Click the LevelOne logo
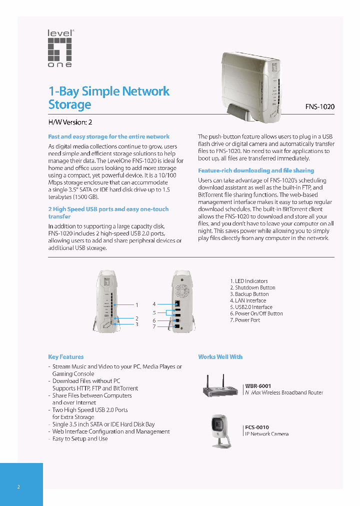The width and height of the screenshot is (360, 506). (x=60, y=48)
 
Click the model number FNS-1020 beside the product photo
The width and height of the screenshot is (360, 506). (x=320, y=106)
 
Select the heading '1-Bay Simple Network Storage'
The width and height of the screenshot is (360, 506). (x=109, y=98)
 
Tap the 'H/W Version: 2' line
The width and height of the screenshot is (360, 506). (x=70, y=122)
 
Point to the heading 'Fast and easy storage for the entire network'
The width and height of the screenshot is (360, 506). (x=108, y=136)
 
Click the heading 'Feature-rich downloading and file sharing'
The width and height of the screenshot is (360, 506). (x=256, y=170)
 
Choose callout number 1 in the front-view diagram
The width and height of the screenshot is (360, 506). (x=136, y=304)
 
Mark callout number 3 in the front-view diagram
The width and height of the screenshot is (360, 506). (x=136, y=324)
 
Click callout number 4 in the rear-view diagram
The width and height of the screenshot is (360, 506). (x=154, y=304)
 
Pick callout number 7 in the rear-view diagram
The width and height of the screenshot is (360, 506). (x=154, y=326)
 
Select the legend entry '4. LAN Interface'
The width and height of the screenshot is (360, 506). (x=248, y=300)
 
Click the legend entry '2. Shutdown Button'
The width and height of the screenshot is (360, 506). (x=252, y=287)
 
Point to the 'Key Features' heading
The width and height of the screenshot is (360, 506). (x=66, y=357)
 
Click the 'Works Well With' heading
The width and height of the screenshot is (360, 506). (x=220, y=357)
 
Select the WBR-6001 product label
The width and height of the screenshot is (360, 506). (x=258, y=386)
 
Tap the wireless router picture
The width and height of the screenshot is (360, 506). (x=222, y=386)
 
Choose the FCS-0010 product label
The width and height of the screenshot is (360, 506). (x=257, y=427)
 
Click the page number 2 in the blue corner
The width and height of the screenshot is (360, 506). (x=18, y=487)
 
